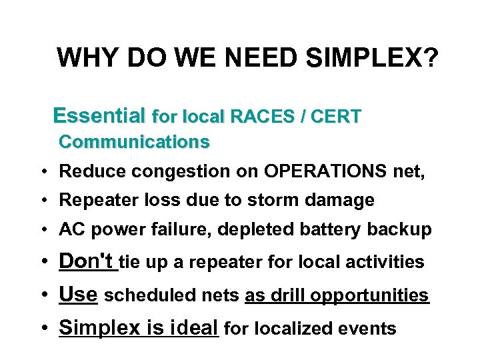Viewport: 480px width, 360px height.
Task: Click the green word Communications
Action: (134, 142)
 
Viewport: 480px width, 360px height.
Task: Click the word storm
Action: (287, 200)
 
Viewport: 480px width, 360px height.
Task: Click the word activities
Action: (384, 262)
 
